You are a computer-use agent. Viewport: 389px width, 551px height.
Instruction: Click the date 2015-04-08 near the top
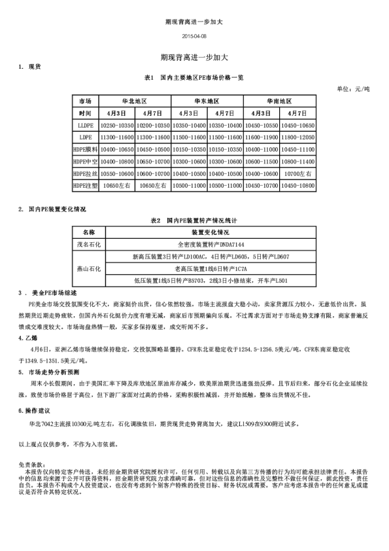[194, 36]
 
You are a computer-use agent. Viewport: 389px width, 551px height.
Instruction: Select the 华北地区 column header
[134, 102]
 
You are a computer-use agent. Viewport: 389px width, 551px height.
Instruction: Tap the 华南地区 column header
[279, 102]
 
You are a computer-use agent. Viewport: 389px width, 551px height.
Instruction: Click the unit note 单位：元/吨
[353, 88]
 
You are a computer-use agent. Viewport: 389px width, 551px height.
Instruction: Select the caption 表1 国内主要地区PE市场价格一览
[194, 77]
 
